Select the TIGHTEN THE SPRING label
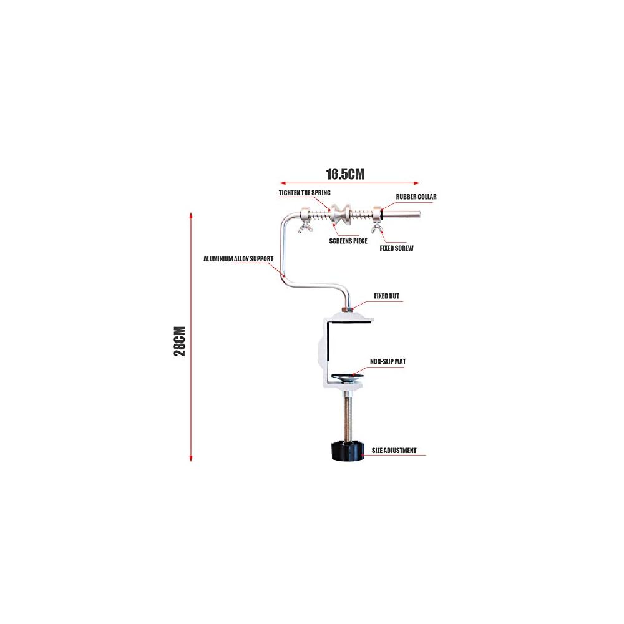(304, 193)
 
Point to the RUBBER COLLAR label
(416, 197)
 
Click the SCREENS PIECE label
(348, 240)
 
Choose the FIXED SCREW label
(396, 248)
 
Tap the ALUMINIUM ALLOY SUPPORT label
(238, 258)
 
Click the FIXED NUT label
(386, 296)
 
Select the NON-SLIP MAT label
(388, 361)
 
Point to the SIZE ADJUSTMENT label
(394, 450)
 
